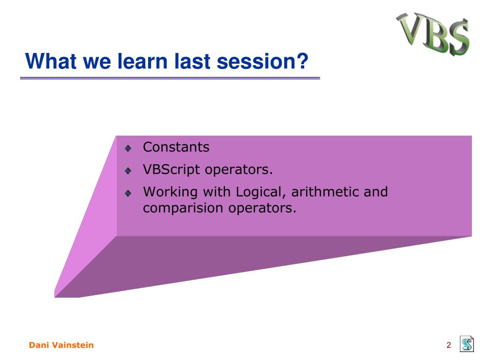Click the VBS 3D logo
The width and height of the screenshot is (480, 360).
[433, 34]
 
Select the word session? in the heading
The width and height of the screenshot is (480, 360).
[262, 61]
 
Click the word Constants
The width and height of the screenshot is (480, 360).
[176, 147]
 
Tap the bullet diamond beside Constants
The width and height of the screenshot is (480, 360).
[128, 149]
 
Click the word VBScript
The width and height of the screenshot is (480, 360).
[171, 170]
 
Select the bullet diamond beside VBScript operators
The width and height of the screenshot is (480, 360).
[128, 171]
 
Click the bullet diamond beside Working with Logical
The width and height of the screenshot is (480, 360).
[128, 193]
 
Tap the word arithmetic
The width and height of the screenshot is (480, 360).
[324, 192]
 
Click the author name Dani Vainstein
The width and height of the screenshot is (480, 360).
[61, 345]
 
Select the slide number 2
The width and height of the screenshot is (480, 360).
[449, 345]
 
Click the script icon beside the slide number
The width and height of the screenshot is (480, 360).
[467, 344]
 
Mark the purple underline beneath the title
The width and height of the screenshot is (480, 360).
[170, 78]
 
